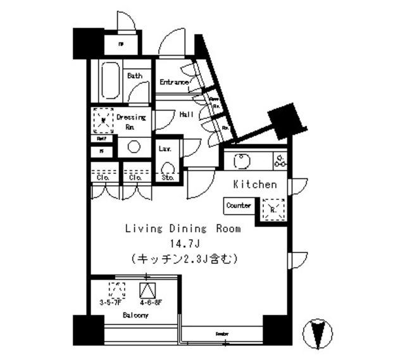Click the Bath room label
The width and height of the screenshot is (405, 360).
coord(134,76)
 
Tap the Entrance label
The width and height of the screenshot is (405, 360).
coord(174,82)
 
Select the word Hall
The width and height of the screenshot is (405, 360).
coord(186,115)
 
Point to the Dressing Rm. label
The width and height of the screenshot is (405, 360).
coord(131,121)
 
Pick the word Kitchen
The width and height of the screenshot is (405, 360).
coord(255,185)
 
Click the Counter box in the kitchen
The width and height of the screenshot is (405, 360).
coord(239,206)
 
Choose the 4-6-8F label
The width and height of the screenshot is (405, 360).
coord(147,303)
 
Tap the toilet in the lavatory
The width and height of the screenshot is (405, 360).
coord(168,168)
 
